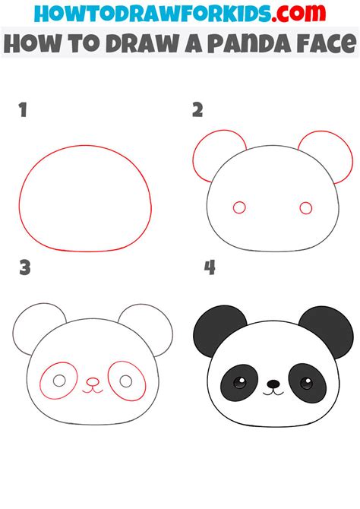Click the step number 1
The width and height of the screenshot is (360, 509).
(x=24, y=111)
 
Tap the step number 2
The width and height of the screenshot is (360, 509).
(x=197, y=111)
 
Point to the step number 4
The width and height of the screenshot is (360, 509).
(x=210, y=267)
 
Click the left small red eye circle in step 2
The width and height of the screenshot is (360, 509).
(x=239, y=207)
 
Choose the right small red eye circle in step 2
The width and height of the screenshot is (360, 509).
(x=306, y=207)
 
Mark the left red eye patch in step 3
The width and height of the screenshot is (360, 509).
(x=58, y=381)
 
